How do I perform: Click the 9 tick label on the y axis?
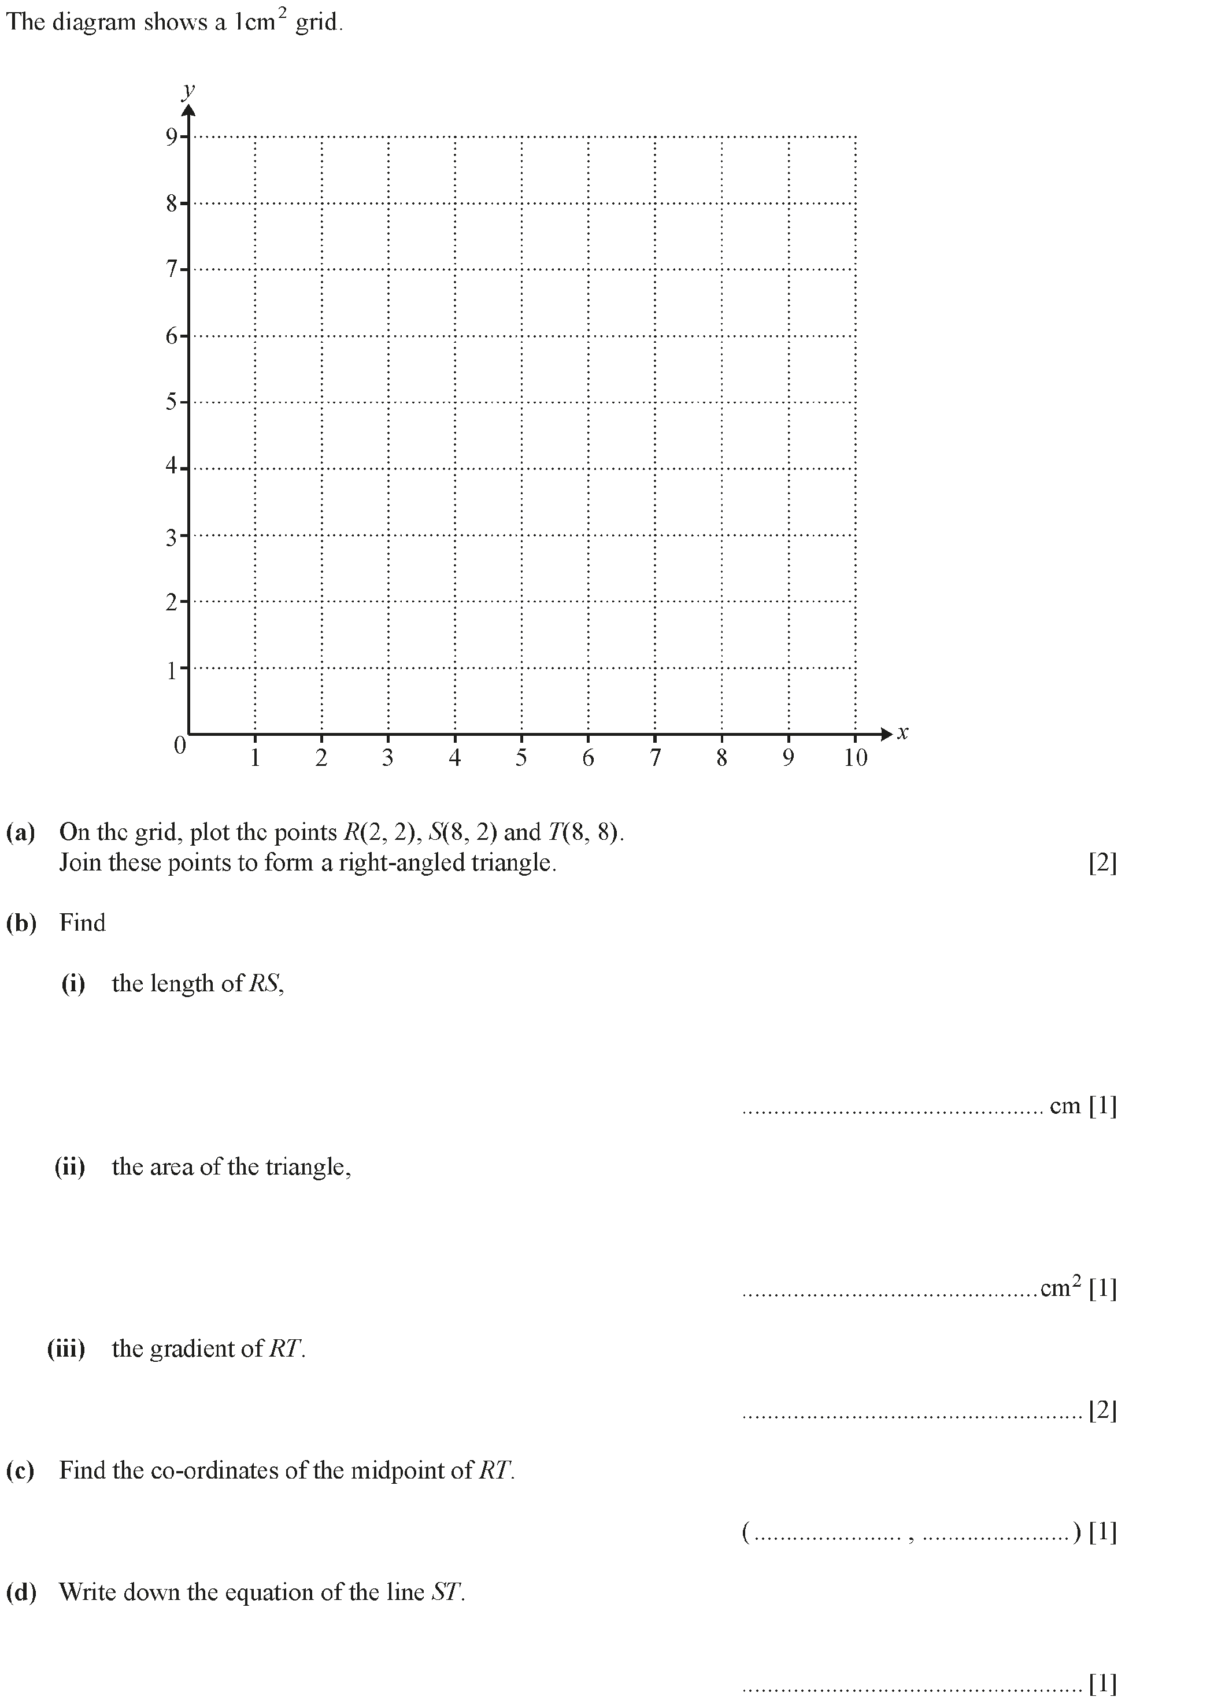(172, 137)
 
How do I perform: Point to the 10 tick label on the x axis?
(855, 758)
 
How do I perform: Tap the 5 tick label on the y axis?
(172, 402)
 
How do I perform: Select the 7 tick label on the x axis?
(655, 758)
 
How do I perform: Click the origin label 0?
(179, 745)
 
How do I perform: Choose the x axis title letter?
(902, 733)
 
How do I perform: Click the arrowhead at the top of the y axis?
(189, 112)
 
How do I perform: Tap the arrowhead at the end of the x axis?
(887, 734)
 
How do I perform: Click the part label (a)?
(21, 832)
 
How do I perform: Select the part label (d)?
(21, 1592)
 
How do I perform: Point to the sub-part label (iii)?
(66, 1349)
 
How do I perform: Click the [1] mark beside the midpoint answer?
(1102, 1533)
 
